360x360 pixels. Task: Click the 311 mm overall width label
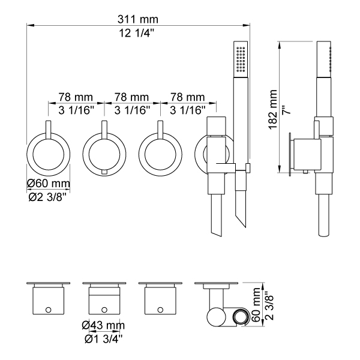[x=138, y=19]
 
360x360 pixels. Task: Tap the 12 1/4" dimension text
[x=136, y=33]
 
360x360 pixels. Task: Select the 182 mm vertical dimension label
[x=273, y=110]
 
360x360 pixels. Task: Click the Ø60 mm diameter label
[x=49, y=184]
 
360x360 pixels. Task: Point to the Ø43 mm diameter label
[x=103, y=325]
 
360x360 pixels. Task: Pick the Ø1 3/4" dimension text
[x=103, y=339]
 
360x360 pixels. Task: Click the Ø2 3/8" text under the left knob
[x=47, y=197]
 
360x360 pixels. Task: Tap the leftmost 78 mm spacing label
[x=76, y=97]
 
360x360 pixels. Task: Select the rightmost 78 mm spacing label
[x=187, y=97]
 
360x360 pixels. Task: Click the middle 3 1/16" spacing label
[x=132, y=110]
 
